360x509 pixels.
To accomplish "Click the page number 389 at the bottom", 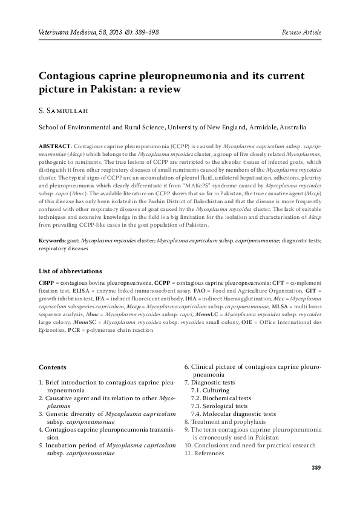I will (315, 468).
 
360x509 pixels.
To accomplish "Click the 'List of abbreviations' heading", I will (70, 271).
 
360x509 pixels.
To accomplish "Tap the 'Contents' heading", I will (53, 367).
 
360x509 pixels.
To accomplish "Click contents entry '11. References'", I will (204, 453).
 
